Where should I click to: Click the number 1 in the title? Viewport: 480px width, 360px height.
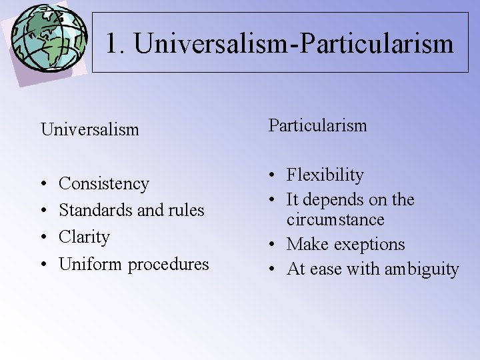[113, 44]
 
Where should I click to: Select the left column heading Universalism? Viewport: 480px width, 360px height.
[90, 129]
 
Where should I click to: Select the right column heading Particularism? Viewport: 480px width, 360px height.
[317, 125]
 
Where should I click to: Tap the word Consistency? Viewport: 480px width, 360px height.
[104, 183]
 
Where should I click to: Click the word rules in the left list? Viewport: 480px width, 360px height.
[187, 210]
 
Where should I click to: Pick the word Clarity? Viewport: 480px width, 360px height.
[84, 237]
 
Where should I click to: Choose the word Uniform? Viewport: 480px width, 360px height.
[91, 264]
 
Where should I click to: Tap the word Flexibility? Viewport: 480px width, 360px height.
[325, 175]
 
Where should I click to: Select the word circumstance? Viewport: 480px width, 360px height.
[335, 219]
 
